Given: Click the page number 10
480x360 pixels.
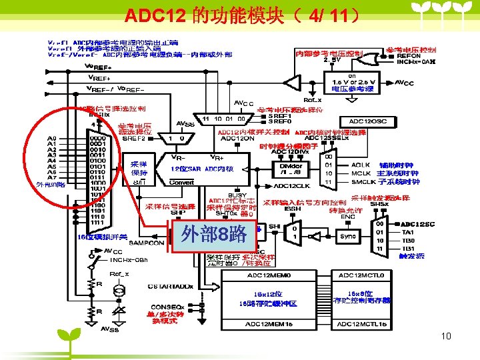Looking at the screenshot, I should (446, 337).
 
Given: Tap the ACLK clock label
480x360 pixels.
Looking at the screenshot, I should (360, 165).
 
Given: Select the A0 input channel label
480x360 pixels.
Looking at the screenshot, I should (51, 139).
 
